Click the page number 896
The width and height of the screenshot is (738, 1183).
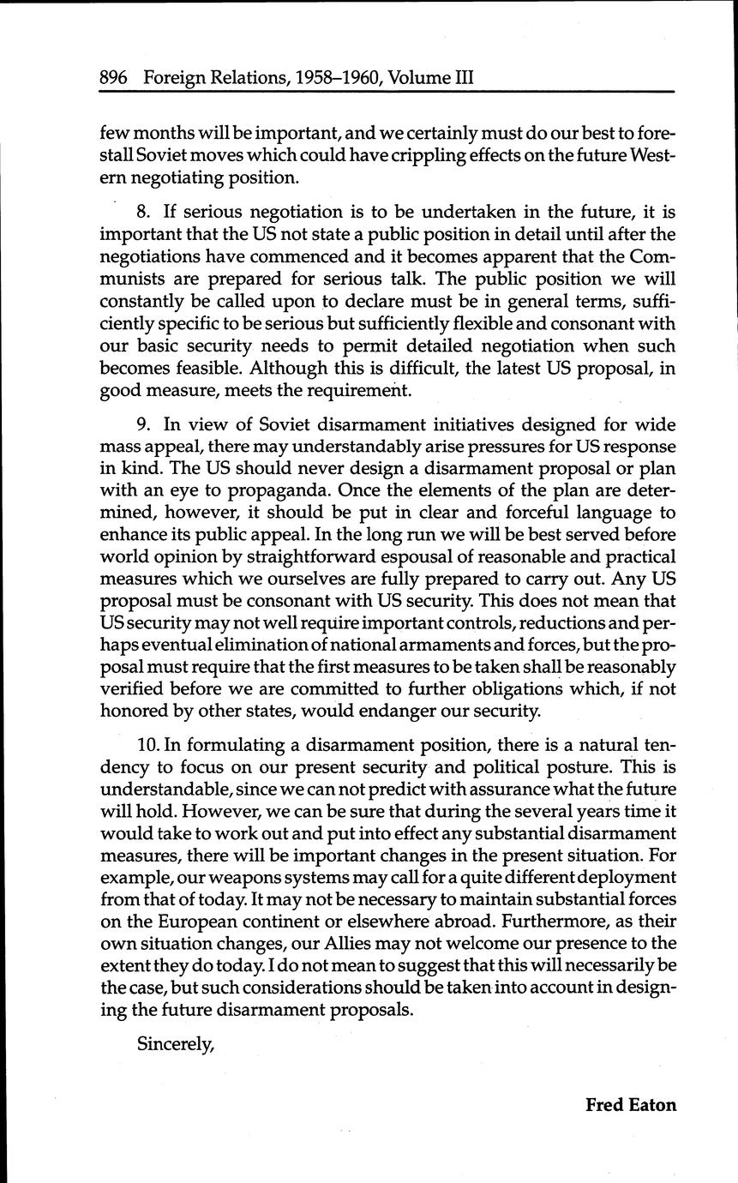point(114,78)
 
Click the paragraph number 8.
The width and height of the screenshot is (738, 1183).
point(143,212)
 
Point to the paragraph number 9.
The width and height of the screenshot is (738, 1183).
point(143,425)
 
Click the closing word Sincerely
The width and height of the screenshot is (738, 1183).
point(175,1044)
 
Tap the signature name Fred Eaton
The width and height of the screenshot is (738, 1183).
point(630,1104)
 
